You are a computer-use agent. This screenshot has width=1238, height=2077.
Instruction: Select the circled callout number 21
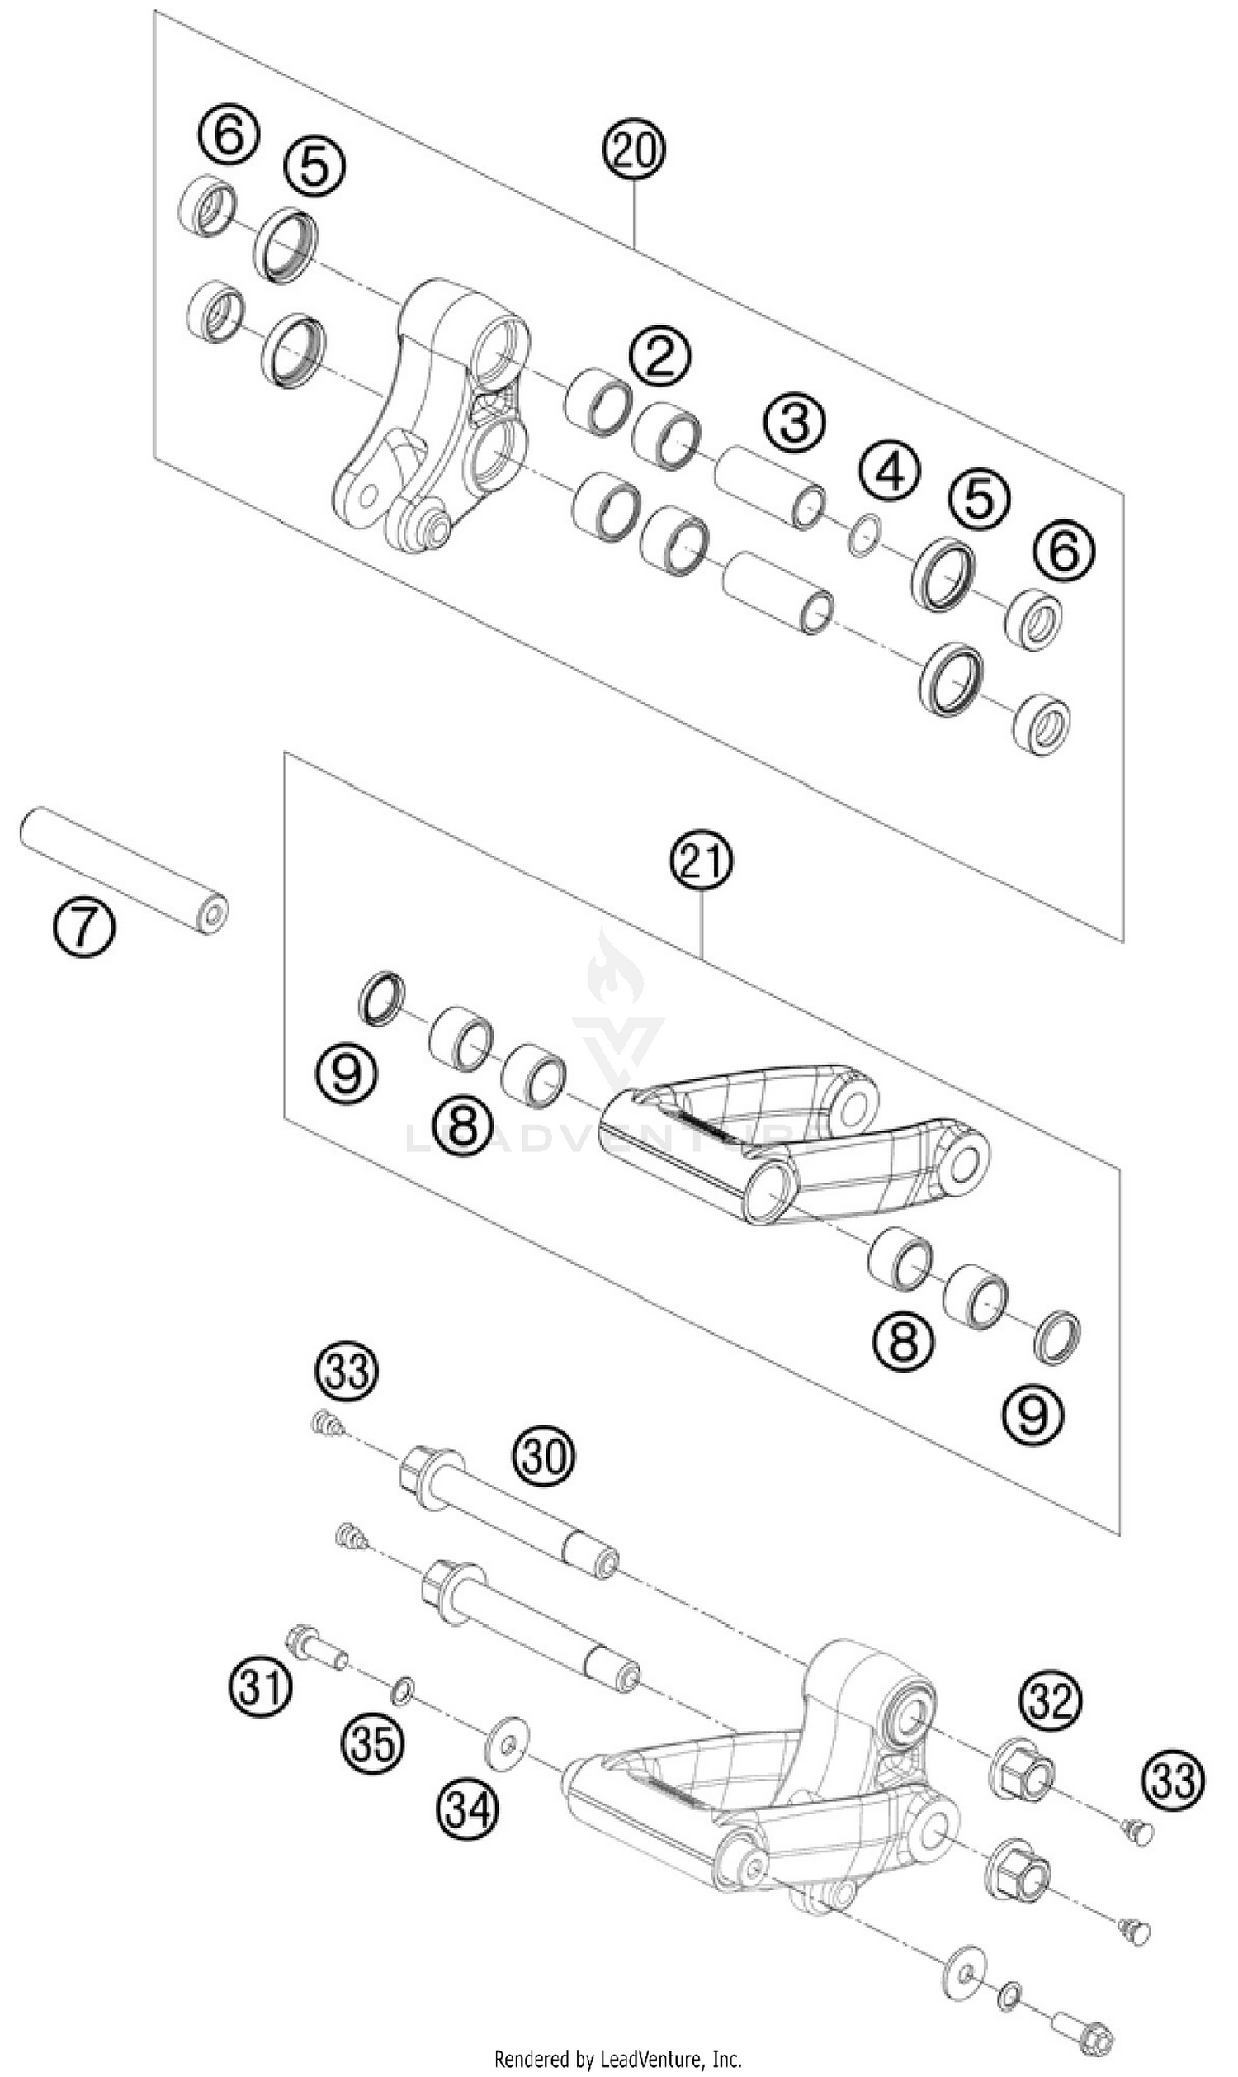coord(702,864)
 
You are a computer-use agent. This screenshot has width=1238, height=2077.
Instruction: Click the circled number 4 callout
coord(892,472)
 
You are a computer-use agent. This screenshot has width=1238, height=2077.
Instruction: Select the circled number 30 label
coord(545,1454)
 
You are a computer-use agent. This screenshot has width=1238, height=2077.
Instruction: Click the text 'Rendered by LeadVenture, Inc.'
coord(618,2059)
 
